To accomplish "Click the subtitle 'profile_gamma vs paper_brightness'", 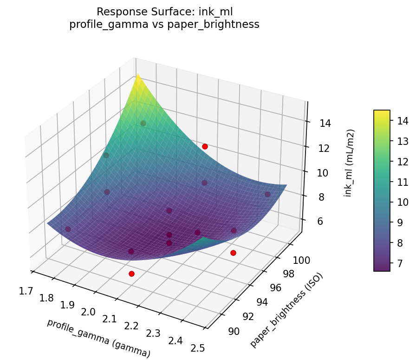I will tap(164, 25).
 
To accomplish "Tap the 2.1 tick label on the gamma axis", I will tap(110, 318).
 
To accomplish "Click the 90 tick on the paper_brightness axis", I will tap(234, 331).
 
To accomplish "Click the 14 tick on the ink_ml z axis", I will tap(325, 123).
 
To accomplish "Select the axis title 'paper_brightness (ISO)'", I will tap(286, 310).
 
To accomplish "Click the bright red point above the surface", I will tap(205, 146).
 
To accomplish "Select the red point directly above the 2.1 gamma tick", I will tap(131, 274).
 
